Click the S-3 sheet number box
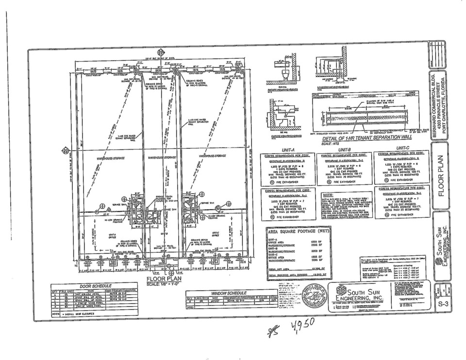coord(442,304)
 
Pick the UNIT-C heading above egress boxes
coord(403,147)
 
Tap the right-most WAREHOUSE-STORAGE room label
coord(216,156)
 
